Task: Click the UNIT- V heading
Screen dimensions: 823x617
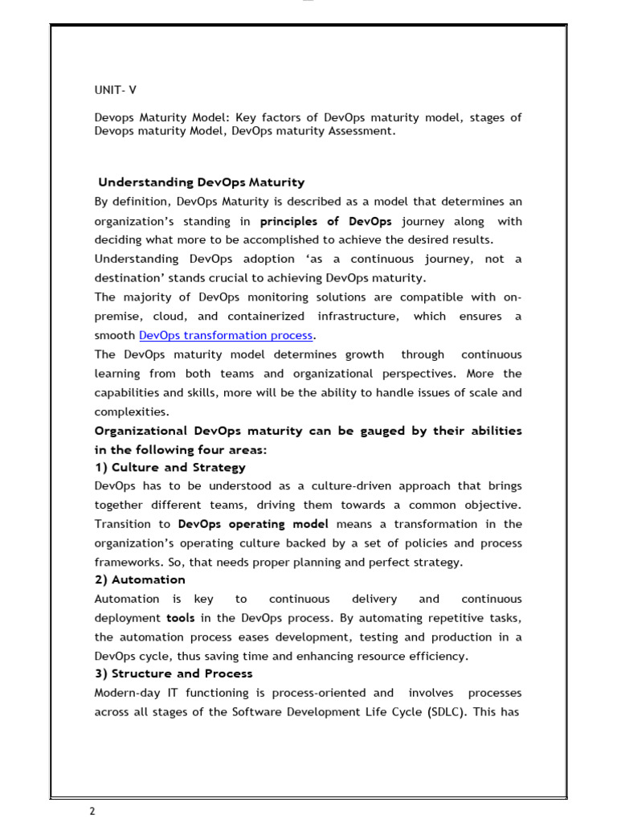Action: pos(116,90)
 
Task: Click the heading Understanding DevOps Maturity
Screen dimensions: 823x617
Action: pos(202,182)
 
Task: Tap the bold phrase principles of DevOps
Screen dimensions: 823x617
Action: pos(326,221)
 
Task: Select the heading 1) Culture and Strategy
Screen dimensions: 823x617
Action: pos(170,467)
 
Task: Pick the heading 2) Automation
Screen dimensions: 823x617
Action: pos(140,579)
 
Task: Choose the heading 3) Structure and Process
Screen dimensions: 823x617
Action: pos(174,674)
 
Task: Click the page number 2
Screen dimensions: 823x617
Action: pos(92,812)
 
